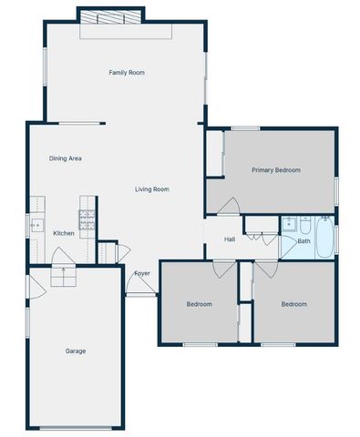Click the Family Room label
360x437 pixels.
127,73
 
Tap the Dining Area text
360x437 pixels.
66,158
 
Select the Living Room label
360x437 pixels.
152,189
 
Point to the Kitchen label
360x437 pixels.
64,234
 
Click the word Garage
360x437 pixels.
75,351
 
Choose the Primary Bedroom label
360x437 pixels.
276,170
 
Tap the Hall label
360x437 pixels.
230,239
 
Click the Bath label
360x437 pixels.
303,241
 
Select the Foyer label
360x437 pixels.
142,273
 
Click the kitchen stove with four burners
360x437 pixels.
87,218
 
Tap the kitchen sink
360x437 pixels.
36,224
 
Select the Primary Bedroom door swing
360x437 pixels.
229,207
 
